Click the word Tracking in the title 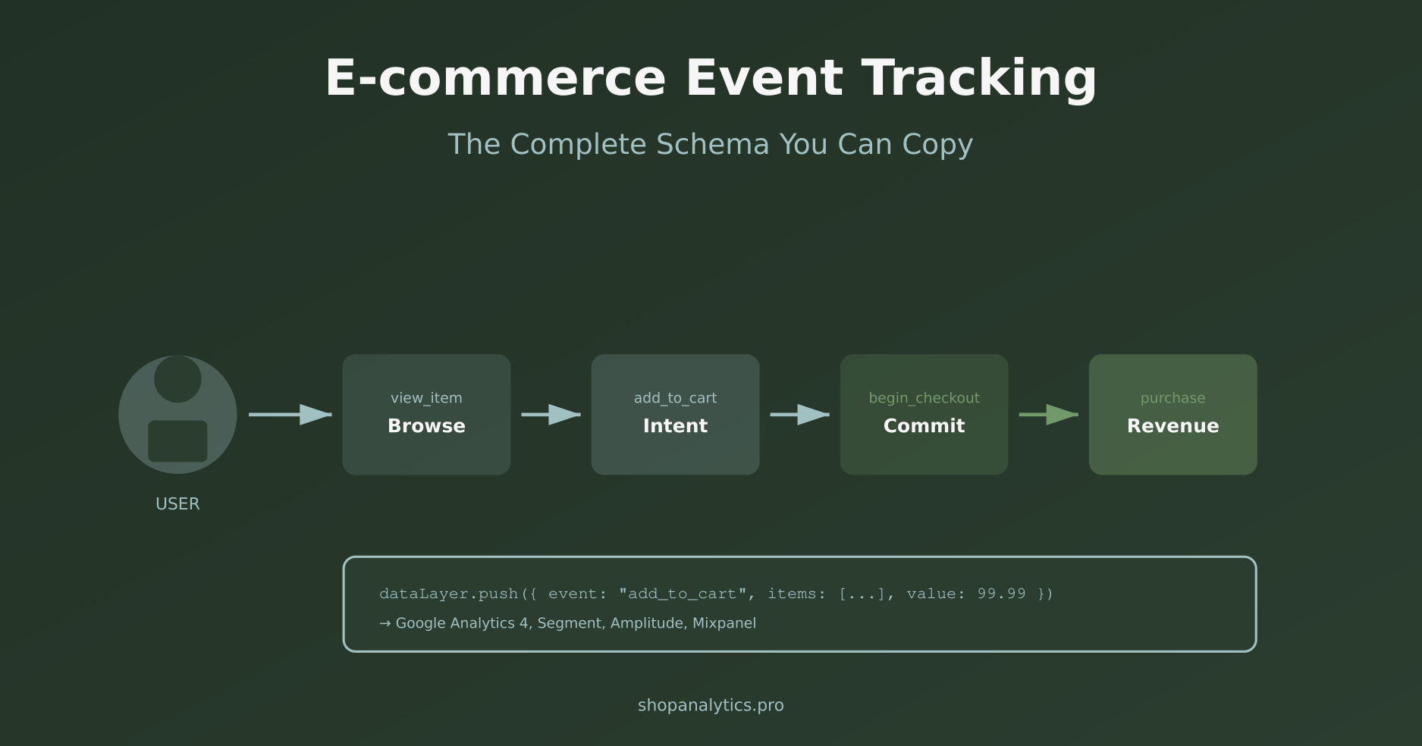978,79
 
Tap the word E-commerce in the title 495,79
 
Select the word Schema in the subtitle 712,144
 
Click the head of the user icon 177,379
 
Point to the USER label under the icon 177,504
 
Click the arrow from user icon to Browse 290,415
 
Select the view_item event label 426,398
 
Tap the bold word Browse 426,426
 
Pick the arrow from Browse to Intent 551,415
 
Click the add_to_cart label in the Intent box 675,398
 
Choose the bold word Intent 675,426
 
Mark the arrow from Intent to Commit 800,415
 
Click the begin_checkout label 924,398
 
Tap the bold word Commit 924,426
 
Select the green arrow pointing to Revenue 1049,415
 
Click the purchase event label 1172,398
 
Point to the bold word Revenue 1172,426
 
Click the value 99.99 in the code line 1001,594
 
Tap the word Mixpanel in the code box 724,623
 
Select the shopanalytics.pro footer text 711,705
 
